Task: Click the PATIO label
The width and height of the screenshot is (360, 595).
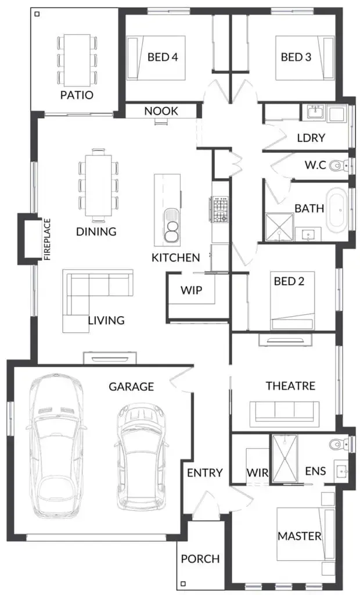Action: click(77, 95)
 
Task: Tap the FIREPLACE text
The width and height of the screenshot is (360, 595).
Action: click(48, 238)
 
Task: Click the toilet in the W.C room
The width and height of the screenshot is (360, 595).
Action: click(337, 167)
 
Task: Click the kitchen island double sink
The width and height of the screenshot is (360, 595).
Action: click(172, 228)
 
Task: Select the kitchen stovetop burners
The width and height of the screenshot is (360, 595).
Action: click(219, 210)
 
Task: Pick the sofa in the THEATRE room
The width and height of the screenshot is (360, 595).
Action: click(284, 411)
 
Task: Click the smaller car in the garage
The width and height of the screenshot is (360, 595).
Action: click(139, 457)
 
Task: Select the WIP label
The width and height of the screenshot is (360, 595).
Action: click(191, 289)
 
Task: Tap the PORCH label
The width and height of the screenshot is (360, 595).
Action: click(200, 559)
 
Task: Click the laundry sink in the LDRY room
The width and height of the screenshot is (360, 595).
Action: click(316, 112)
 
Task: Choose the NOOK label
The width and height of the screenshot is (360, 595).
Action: click(161, 111)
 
